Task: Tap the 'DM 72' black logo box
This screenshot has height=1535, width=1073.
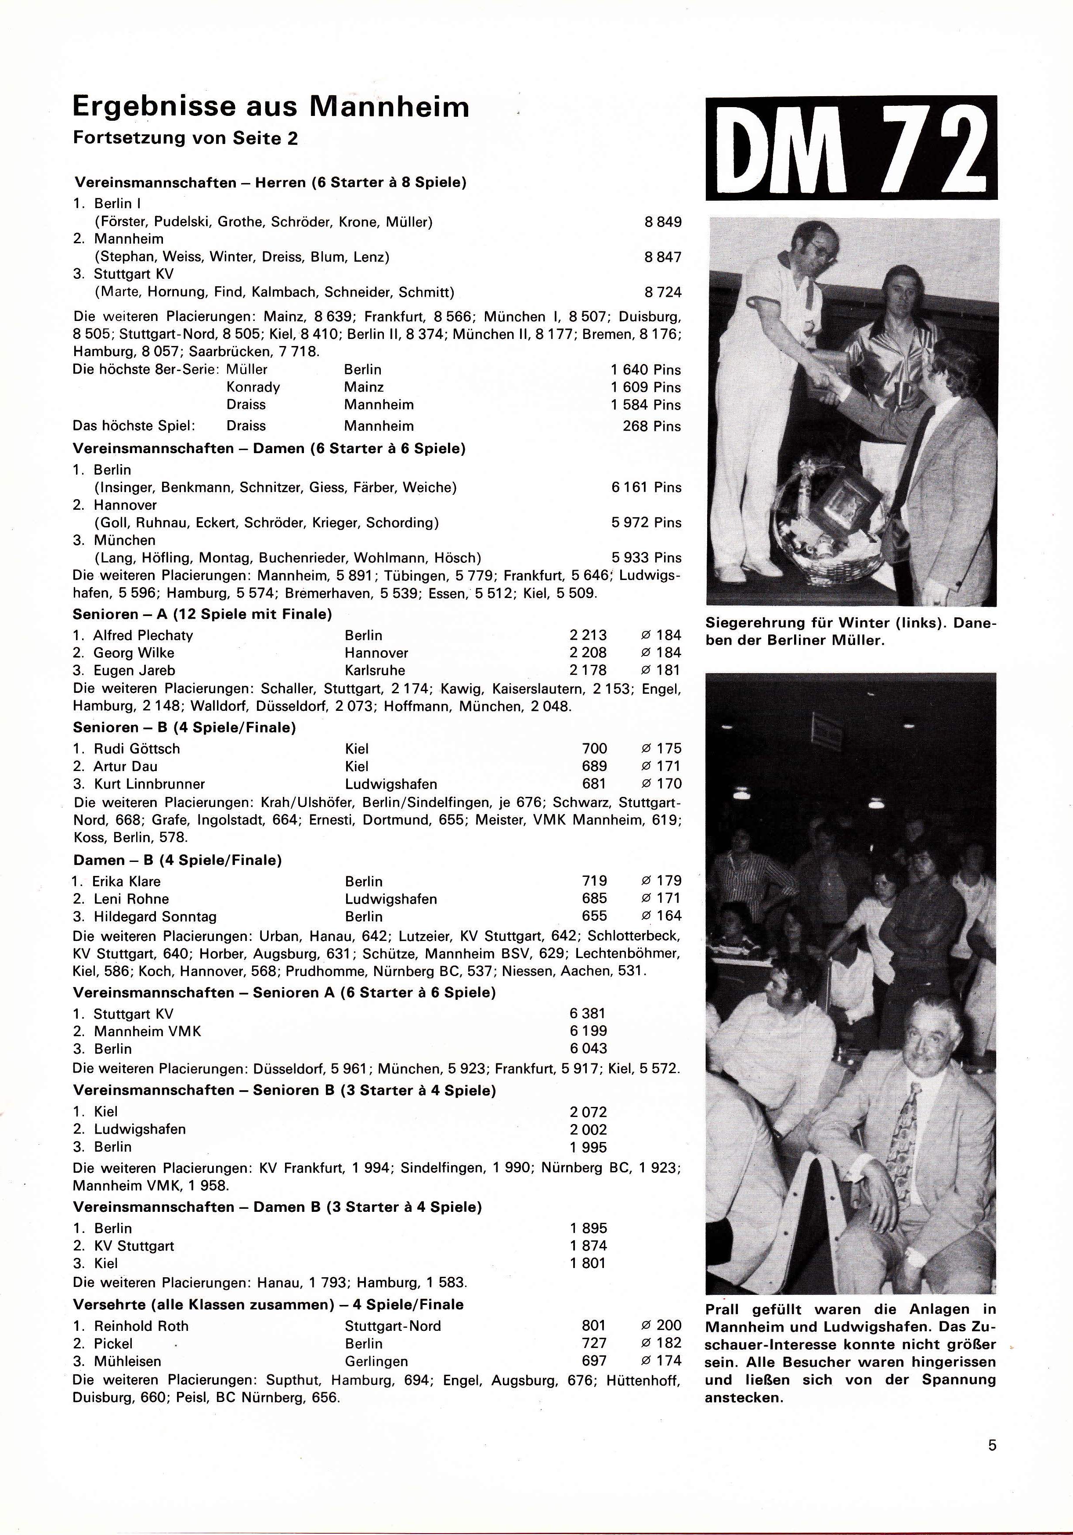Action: click(x=851, y=148)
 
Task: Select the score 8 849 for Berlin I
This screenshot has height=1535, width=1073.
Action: click(x=662, y=222)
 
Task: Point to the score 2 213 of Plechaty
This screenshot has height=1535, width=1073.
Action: click(x=588, y=635)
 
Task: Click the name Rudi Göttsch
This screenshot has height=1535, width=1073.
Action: click(x=137, y=749)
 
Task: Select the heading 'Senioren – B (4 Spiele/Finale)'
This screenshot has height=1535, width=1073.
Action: click(x=184, y=728)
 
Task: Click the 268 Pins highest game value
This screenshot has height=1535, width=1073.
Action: click(x=651, y=426)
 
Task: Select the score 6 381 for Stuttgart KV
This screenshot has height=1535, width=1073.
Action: click(x=588, y=1013)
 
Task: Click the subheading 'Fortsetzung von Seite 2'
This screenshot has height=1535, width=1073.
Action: click(x=185, y=138)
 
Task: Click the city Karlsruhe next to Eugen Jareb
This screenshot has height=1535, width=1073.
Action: click(x=375, y=670)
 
